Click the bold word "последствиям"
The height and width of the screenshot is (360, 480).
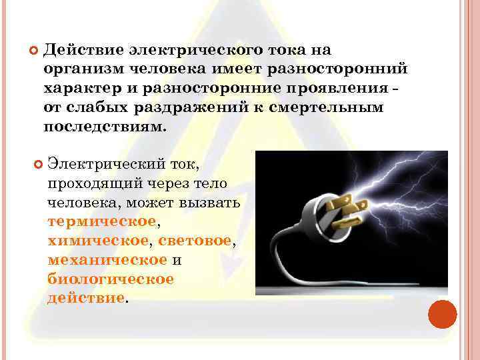(102, 127)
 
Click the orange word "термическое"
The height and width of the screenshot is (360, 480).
(101, 221)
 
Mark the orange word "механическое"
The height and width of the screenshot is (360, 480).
(107, 259)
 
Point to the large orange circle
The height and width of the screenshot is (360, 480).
(442, 314)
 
